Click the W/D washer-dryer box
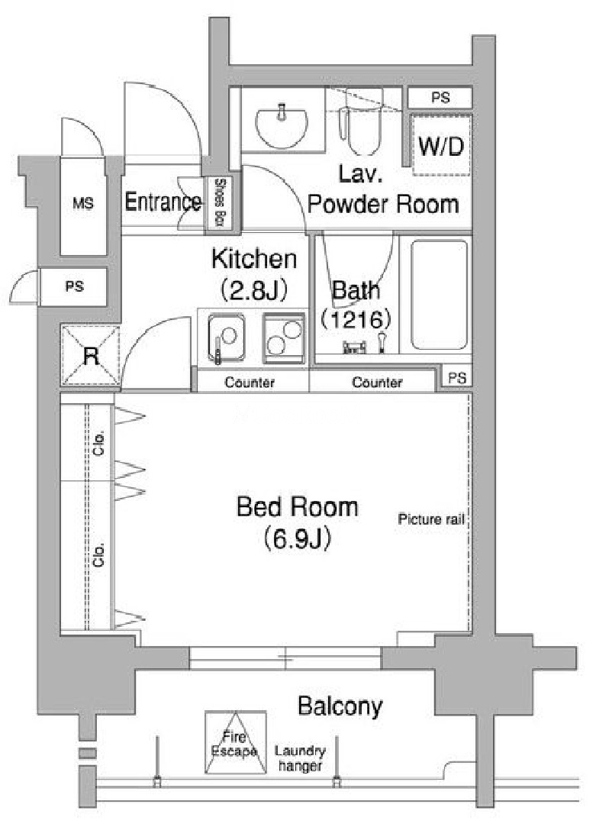pos(441,146)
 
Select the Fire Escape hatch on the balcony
pos(235,742)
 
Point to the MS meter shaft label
pos(83,203)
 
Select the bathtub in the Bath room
pos(440,295)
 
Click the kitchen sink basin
pos(226,338)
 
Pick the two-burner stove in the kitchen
pos(284,338)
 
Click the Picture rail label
pos(430,519)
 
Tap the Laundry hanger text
pos(300,758)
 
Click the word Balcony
pos(340,707)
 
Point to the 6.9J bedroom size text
pos(298,538)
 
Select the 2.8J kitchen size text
pos(254,289)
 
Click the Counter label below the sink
pos(250,383)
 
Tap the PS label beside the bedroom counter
pos(457,378)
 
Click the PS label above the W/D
pos(440,98)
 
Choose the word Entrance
pos(163,202)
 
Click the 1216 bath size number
pos(356,319)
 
